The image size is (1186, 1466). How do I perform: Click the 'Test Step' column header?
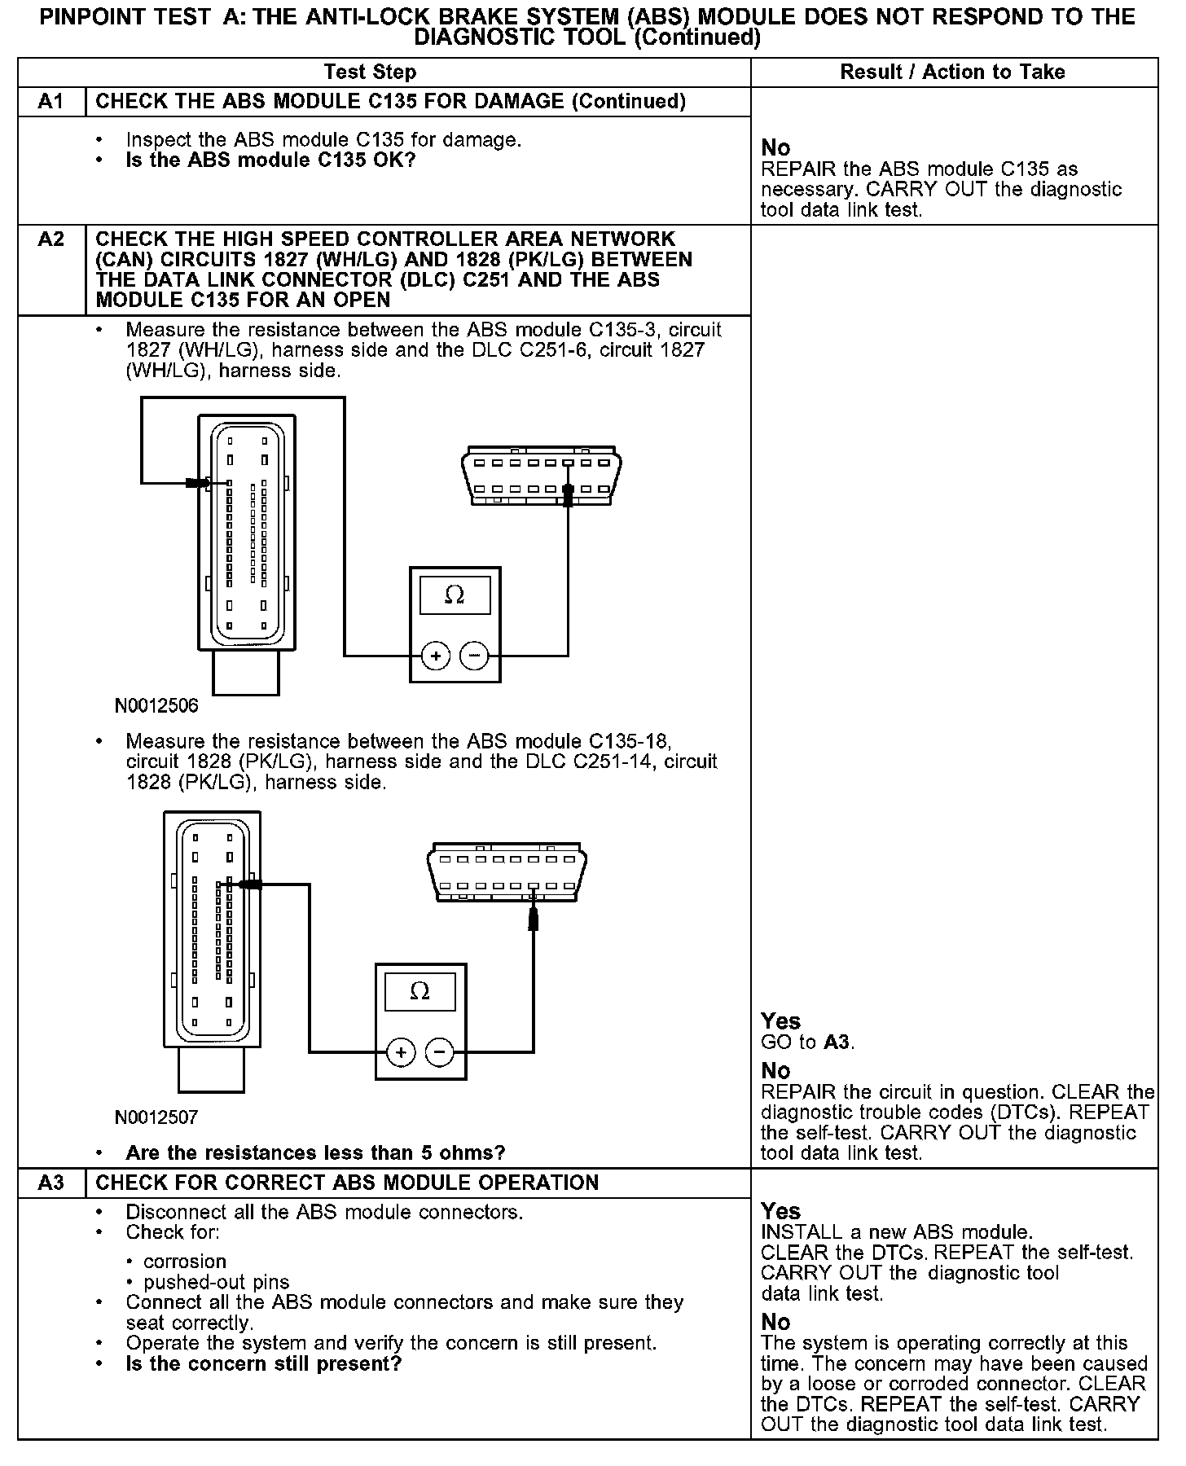[370, 72]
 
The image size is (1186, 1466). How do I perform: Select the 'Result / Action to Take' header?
[952, 72]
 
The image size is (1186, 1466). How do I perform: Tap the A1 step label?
[51, 102]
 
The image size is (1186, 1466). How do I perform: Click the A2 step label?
[51, 239]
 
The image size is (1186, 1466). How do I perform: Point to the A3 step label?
[51, 1183]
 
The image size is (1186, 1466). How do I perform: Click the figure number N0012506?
[156, 705]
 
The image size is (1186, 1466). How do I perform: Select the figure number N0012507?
[156, 1117]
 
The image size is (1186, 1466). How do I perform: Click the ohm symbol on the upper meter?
[455, 595]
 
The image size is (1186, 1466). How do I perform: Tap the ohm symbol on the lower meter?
[419, 991]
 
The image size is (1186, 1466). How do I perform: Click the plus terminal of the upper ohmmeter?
[436, 656]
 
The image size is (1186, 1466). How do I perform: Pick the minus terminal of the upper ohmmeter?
[475, 656]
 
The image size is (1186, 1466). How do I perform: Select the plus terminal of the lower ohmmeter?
[401, 1052]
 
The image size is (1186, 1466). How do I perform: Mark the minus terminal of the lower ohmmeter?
[440, 1052]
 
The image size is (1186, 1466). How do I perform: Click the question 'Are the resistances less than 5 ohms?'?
[315, 1152]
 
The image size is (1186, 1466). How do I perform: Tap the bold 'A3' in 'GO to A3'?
[838, 1042]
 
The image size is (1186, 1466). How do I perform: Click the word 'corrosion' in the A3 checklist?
[185, 1262]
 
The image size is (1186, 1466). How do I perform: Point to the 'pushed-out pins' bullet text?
[216, 1282]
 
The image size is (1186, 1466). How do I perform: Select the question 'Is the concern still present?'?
[264, 1363]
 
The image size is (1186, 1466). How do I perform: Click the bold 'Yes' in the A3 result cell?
[780, 1211]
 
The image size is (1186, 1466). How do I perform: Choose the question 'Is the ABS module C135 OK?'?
[270, 160]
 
